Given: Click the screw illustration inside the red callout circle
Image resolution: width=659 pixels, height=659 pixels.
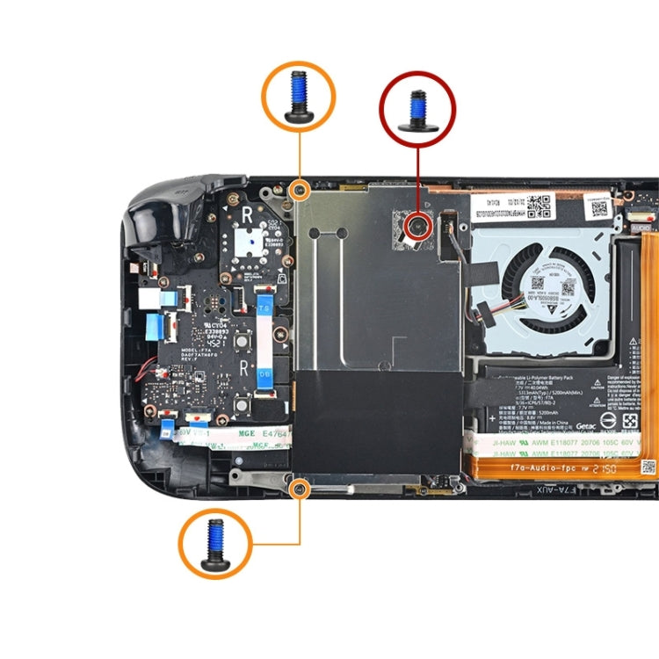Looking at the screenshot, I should pyautogui.click(x=417, y=109).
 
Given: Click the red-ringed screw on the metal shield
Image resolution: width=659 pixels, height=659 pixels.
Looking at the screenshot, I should pyautogui.click(x=417, y=228).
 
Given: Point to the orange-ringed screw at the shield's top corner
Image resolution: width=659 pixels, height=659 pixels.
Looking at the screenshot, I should pyautogui.click(x=300, y=188).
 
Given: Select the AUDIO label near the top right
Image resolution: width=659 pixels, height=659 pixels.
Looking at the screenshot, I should pyautogui.click(x=641, y=228).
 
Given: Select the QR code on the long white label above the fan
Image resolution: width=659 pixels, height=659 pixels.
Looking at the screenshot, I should pyautogui.click(x=542, y=203).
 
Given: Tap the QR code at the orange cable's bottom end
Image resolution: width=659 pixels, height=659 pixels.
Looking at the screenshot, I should pyautogui.click(x=648, y=467).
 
